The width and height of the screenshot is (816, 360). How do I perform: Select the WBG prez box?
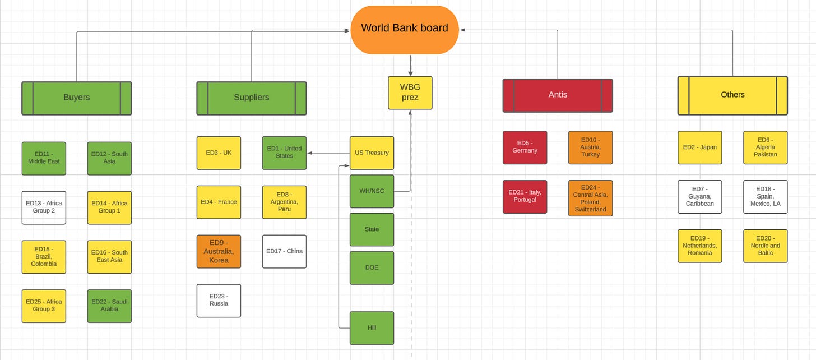point(410,93)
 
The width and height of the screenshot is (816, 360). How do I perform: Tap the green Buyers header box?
point(77,98)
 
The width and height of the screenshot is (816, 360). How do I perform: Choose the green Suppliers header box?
point(252,98)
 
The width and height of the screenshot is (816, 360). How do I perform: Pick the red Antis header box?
point(558,95)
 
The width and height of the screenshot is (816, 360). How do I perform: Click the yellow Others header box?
point(732,95)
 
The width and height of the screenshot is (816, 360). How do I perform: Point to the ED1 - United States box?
point(284,153)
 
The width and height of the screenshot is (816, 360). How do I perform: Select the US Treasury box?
point(372,153)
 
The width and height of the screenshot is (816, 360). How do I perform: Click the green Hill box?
point(372,327)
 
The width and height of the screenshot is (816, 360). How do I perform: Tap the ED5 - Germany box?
point(525,147)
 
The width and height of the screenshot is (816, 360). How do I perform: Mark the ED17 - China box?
point(284,251)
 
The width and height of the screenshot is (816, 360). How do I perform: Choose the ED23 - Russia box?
point(219,301)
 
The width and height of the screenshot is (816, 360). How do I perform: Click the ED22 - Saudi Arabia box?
point(109,306)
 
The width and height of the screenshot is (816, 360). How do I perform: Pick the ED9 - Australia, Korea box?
point(219,251)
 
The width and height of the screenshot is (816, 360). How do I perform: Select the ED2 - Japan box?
point(699,147)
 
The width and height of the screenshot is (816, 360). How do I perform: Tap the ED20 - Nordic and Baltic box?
point(765,246)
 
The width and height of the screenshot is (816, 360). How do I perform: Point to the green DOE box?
point(372,267)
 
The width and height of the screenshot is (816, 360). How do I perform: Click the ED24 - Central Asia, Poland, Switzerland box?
point(590,197)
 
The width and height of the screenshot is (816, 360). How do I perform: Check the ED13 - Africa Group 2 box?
point(44,207)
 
